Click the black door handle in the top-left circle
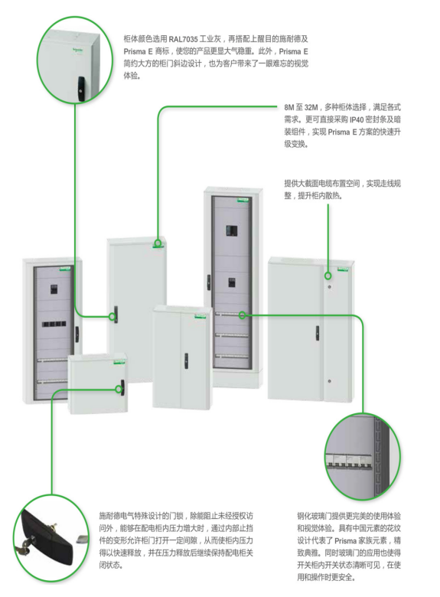(80, 88)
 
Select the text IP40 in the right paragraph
(357, 120)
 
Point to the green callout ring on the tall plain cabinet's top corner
(158, 243)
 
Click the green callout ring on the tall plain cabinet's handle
(112, 316)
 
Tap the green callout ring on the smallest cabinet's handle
(119, 389)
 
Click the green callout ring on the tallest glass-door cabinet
(242, 315)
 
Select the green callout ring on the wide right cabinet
(328, 276)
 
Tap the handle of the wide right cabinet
(317, 333)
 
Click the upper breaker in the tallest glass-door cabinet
(231, 230)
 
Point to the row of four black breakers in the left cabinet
(54, 325)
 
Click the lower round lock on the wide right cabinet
(329, 380)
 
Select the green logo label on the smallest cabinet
(120, 361)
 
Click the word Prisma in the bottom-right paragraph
(345, 540)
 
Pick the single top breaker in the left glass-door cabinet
(54, 289)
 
